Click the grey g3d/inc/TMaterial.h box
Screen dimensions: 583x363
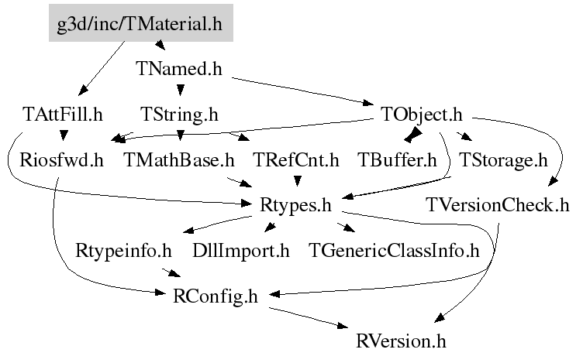coord(141,23)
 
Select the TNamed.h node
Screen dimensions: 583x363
coord(179,69)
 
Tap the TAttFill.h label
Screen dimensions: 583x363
coord(63,115)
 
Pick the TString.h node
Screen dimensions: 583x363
coord(179,115)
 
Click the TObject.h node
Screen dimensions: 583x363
coord(421,115)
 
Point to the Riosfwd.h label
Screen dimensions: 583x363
coord(61,160)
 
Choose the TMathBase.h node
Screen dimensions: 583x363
coord(179,160)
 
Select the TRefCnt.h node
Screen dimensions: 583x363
coord(296,160)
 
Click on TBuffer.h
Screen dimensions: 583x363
coord(397,160)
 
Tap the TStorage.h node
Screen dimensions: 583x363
coord(503,160)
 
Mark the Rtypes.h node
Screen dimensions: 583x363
coord(295,205)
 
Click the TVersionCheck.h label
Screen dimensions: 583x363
coord(498,205)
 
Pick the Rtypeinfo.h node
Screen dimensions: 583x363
coord(123,251)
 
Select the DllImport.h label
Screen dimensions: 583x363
coord(241,251)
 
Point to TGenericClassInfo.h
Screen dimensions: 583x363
coord(394,251)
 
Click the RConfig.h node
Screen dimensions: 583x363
coord(216,296)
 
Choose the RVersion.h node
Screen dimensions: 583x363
coord(401,341)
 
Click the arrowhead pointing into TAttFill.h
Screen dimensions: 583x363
coord(83,90)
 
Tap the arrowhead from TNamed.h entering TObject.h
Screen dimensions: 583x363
coord(368,102)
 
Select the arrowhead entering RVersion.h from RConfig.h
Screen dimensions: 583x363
coord(343,326)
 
